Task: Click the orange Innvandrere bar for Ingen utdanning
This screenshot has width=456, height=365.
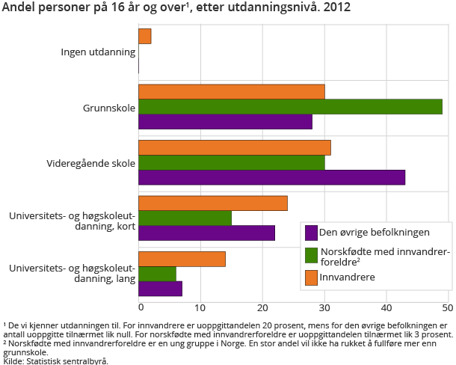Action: tap(145, 37)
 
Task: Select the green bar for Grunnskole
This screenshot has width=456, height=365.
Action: tap(290, 107)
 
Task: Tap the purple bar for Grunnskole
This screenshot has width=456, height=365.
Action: tap(225, 122)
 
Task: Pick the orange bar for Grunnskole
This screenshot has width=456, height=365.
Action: tap(231, 92)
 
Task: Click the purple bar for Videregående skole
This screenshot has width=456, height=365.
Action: tap(271, 177)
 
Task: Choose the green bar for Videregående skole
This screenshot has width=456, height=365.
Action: tap(231, 162)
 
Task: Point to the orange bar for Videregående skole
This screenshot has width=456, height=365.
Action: tap(234, 147)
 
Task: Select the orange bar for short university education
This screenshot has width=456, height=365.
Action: tap(213, 203)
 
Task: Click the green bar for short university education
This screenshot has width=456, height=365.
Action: tap(185, 218)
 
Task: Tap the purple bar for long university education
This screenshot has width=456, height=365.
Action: tap(160, 288)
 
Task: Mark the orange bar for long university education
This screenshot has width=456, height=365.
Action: tap(182, 260)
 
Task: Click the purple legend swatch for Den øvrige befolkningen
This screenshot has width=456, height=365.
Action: tap(311, 232)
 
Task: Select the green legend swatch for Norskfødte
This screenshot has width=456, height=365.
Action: tap(311, 255)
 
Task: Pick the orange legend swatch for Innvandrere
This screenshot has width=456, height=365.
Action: tap(311, 278)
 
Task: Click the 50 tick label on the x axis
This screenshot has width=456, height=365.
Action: tap(447, 307)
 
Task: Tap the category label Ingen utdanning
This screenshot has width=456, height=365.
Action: tap(99, 52)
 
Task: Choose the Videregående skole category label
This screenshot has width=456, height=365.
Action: tap(92, 162)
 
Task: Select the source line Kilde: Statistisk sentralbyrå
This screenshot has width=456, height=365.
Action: tap(56, 361)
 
